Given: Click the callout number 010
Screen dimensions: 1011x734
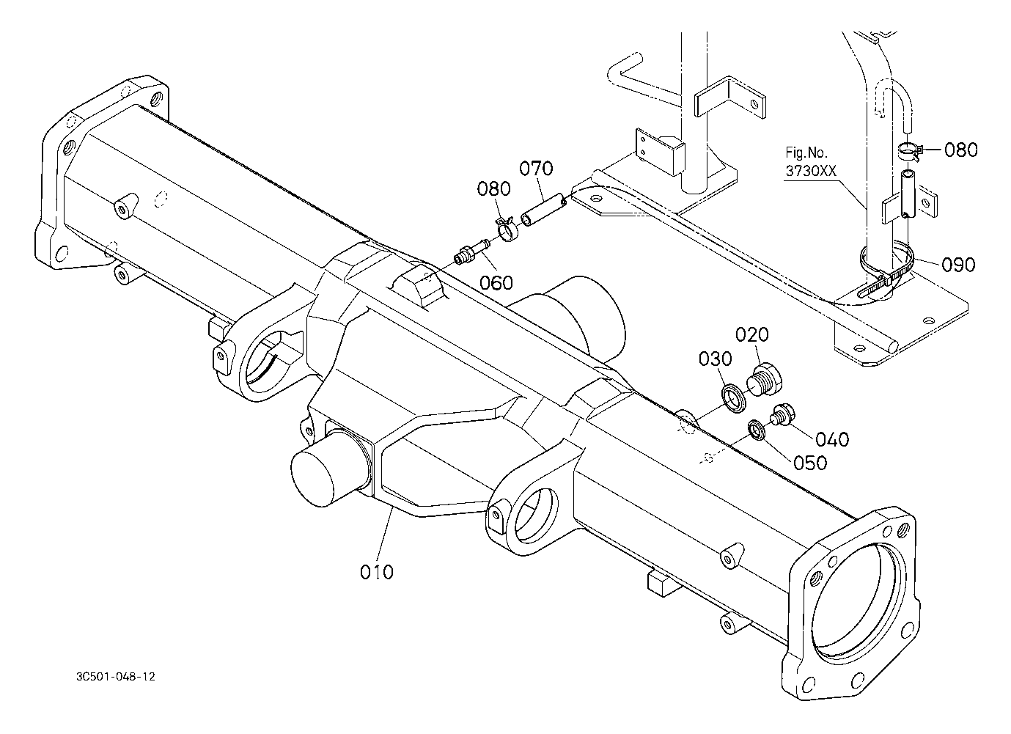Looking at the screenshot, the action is click(x=376, y=572).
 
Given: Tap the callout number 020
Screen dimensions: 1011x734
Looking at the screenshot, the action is click(x=752, y=334).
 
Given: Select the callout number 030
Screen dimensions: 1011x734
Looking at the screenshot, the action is click(x=716, y=359).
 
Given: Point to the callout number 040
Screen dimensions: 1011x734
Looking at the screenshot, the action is click(x=832, y=438).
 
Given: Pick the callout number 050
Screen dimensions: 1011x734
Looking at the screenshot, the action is click(x=810, y=463).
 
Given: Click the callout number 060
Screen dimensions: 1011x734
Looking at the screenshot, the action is click(x=496, y=283).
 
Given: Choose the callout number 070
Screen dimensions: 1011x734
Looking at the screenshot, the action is click(x=536, y=169).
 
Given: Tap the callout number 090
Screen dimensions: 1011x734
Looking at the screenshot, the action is click(x=958, y=265).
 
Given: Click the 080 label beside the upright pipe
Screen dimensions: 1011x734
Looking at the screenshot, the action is click(x=961, y=150).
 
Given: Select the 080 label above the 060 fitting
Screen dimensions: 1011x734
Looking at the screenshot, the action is click(x=493, y=189).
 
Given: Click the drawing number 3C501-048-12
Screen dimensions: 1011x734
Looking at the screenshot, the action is click(x=116, y=677).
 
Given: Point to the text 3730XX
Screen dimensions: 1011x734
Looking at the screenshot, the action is click(x=811, y=171).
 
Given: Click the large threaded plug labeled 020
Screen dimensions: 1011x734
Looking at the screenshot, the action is click(x=764, y=378).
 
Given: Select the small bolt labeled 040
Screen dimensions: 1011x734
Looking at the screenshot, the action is click(x=782, y=414).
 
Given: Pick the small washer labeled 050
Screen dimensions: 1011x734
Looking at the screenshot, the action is click(x=756, y=430).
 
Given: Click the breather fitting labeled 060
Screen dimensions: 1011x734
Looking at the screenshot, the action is click(x=472, y=252).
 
